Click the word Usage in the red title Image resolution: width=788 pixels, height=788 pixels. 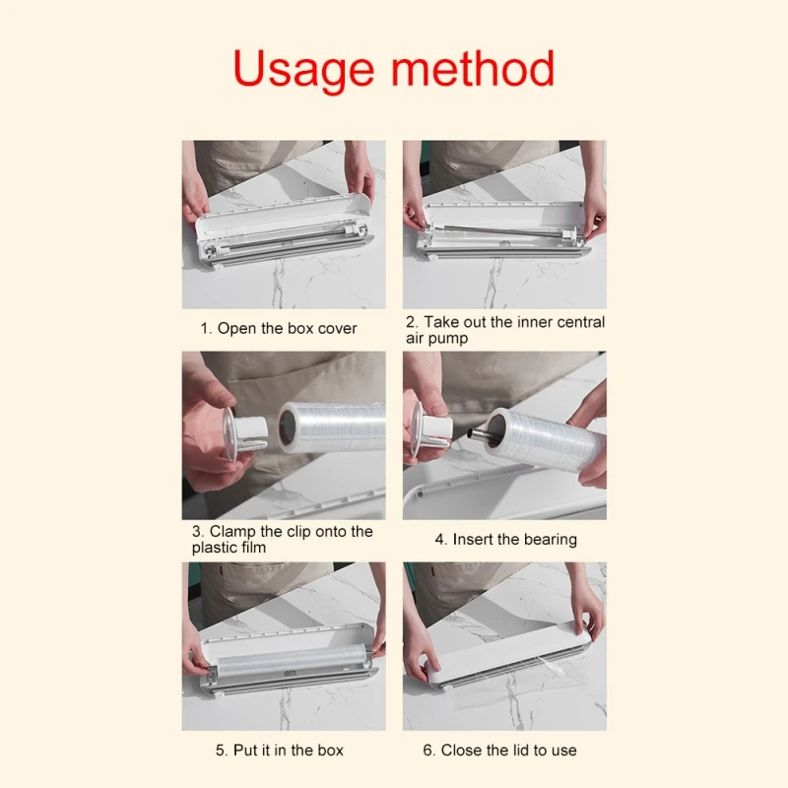(304, 70)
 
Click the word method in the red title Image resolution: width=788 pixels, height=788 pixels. (473, 68)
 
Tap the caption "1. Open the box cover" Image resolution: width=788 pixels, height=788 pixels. (279, 329)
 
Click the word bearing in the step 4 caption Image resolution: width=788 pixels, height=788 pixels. (550, 540)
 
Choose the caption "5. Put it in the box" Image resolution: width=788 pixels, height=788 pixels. (280, 751)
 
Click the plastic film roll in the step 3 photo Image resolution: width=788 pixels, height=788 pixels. (332, 427)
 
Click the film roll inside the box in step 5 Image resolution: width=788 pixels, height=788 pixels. (293, 660)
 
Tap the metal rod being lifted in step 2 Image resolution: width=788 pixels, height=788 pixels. (501, 230)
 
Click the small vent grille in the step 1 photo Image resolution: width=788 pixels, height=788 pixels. (287, 243)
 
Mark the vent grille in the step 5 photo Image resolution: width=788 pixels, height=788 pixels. (290, 674)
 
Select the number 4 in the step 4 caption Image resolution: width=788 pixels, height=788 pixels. (439, 540)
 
